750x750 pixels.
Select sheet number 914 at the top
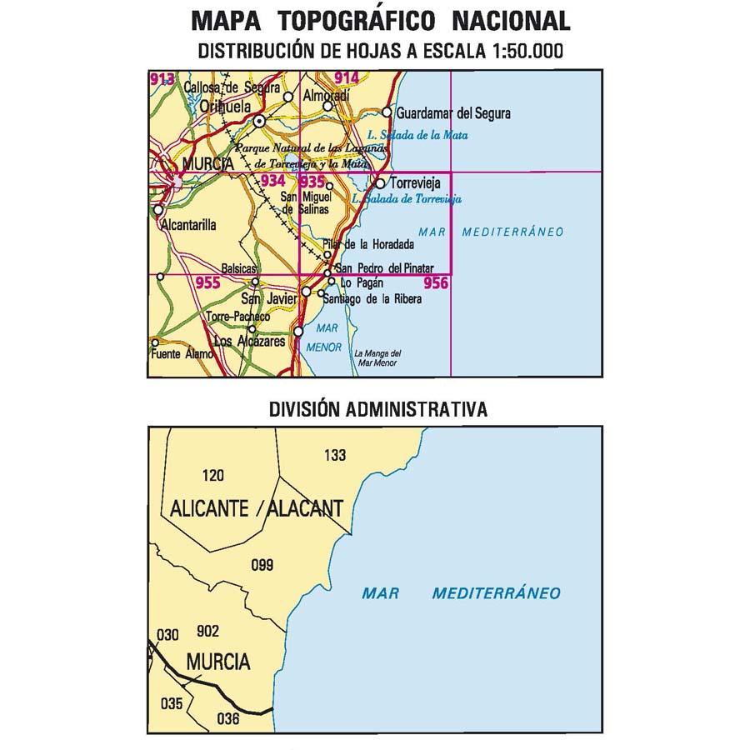[x=346, y=78]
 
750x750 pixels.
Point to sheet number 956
[x=435, y=283]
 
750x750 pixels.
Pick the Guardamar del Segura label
[x=454, y=113]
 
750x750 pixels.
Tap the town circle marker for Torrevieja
[x=380, y=183]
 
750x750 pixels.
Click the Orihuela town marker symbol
[x=260, y=121]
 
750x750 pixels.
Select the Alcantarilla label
[x=190, y=224]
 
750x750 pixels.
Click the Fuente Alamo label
[x=181, y=354]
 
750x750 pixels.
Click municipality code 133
[x=334, y=455]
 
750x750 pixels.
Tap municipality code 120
[x=213, y=476]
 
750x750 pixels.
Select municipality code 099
[x=262, y=566]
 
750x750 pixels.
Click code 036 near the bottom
[x=227, y=718]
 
